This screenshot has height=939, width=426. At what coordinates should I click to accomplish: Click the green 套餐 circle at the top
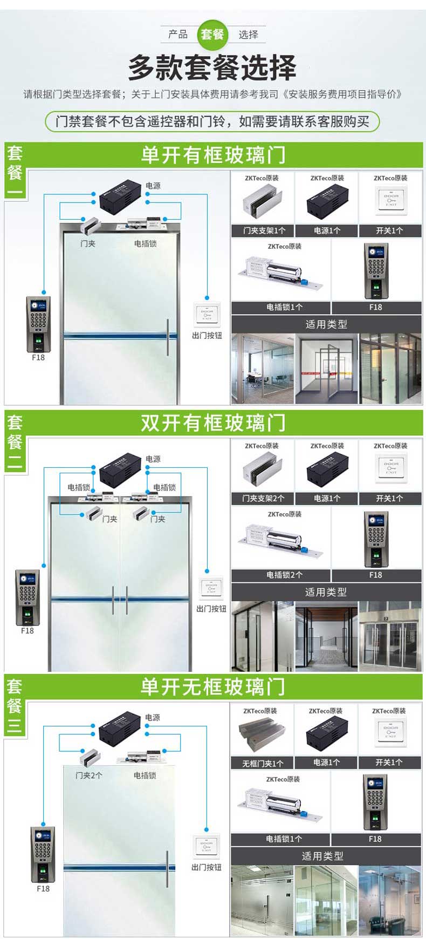(212, 35)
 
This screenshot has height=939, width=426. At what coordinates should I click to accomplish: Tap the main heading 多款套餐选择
(212, 67)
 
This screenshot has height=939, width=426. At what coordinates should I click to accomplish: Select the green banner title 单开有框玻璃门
(213, 155)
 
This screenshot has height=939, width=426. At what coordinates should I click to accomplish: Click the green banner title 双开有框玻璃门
(213, 423)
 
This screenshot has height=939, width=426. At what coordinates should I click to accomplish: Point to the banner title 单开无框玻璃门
(212, 687)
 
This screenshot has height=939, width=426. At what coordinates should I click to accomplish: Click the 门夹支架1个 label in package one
(264, 230)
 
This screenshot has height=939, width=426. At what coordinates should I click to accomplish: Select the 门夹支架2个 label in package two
(264, 498)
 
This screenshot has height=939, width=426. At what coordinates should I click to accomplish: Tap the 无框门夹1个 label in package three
(263, 763)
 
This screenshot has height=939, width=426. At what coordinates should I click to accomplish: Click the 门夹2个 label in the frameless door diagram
(89, 775)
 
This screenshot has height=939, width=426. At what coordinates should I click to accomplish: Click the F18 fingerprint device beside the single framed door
(38, 324)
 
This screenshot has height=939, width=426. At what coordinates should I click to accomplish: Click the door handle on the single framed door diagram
(168, 337)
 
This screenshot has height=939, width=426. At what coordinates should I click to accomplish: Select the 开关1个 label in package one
(389, 230)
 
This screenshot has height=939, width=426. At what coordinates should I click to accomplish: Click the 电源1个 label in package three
(327, 763)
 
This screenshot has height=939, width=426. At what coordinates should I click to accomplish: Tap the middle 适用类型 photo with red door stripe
(326, 369)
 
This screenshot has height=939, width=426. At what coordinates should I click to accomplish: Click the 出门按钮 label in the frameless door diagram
(207, 867)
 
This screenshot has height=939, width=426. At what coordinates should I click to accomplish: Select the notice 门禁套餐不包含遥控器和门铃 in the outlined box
(212, 121)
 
